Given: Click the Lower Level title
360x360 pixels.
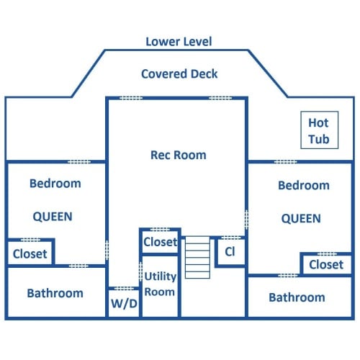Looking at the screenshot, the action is [x=179, y=42].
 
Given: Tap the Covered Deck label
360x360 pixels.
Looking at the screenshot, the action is [x=179, y=73].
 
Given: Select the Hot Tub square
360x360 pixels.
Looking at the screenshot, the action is [x=320, y=130].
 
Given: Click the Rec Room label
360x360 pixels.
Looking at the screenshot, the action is [x=179, y=155].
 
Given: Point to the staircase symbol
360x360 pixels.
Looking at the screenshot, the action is [x=197, y=257].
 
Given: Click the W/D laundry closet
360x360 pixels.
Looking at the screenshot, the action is [x=124, y=303].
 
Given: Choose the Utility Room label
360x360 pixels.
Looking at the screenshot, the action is [x=160, y=284].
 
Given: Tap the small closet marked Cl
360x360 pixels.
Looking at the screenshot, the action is [x=230, y=252].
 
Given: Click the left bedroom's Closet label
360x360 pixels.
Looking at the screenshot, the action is [x=30, y=254].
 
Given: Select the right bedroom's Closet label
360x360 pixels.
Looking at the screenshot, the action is [x=326, y=265].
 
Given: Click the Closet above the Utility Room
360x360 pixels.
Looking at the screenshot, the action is [x=161, y=242].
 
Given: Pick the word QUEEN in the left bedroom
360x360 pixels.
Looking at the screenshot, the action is [x=53, y=217].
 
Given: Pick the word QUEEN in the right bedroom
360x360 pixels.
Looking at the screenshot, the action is [x=301, y=218].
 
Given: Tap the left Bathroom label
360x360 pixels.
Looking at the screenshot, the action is [x=55, y=293].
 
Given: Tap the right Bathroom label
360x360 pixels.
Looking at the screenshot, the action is [x=297, y=297].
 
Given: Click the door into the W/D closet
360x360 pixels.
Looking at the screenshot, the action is [x=124, y=288].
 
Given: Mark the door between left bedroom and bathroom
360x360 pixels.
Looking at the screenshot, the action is [x=78, y=266].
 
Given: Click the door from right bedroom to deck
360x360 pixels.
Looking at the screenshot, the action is [x=286, y=162].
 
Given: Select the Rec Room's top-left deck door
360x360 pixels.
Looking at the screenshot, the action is [x=131, y=98].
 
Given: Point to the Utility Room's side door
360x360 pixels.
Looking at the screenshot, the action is [x=141, y=271].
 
